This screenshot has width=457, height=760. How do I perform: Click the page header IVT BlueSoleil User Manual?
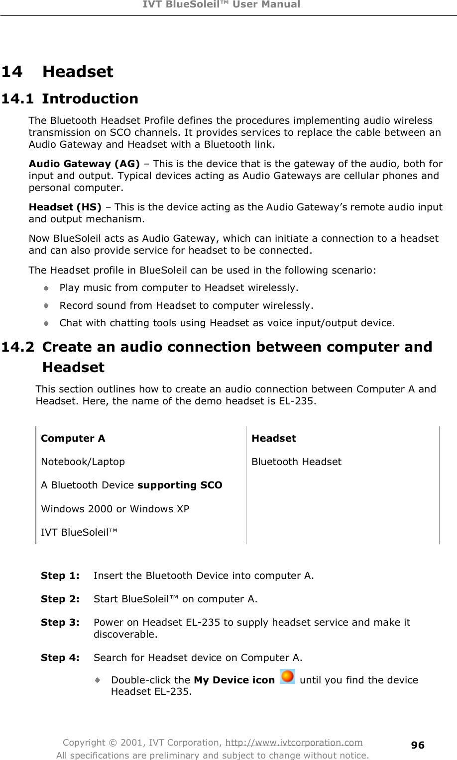(228, 5)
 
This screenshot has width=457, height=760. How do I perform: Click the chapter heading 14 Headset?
(57, 72)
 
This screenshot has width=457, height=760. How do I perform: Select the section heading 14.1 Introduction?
(70, 98)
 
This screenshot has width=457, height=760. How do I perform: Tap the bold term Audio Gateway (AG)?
(84, 164)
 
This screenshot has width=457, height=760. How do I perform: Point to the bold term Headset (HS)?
(65, 207)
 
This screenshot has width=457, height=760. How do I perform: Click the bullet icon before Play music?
(46, 288)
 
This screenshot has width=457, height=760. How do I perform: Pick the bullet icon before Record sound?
(46, 305)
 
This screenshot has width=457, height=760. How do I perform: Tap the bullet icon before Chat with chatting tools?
(46, 323)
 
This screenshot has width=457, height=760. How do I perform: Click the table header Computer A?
(73, 438)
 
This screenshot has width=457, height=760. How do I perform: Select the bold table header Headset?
(273, 438)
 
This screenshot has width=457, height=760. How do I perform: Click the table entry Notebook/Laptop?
(83, 462)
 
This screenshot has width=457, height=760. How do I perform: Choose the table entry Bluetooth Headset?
(296, 462)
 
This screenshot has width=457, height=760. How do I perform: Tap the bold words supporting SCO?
(180, 485)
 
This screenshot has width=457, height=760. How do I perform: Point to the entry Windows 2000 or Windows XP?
(114, 509)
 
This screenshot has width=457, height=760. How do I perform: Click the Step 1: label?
(60, 576)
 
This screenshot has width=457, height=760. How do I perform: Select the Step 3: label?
(60, 623)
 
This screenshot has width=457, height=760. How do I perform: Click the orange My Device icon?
(287, 677)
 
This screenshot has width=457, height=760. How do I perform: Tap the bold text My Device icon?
(233, 680)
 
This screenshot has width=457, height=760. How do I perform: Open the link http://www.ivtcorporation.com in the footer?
(294, 743)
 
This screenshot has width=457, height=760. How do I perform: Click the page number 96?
(418, 745)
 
